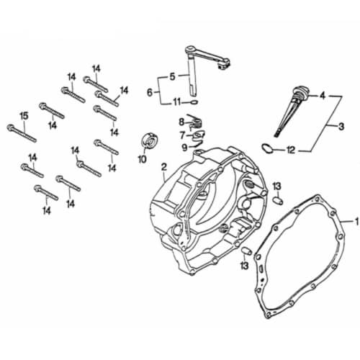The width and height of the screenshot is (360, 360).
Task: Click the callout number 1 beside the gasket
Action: pyautogui.click(x=353, y=221)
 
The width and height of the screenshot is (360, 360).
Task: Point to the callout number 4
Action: pyautogui.click(x=323, y=95)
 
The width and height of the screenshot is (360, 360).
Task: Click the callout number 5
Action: pyautogui.click(x=172, y=77)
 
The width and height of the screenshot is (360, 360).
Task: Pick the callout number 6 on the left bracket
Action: pyautogui.click(x=150, y=92)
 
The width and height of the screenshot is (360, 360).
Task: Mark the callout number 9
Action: pyautogui.click(x=184, y=148)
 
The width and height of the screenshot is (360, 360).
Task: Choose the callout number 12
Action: pyautogui.click(x=290, y=150)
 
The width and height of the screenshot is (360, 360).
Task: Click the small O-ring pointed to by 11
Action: pyautogui.click(x=193, y=102)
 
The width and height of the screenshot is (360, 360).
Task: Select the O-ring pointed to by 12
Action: pyautogui.click(x=267, y=149)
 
